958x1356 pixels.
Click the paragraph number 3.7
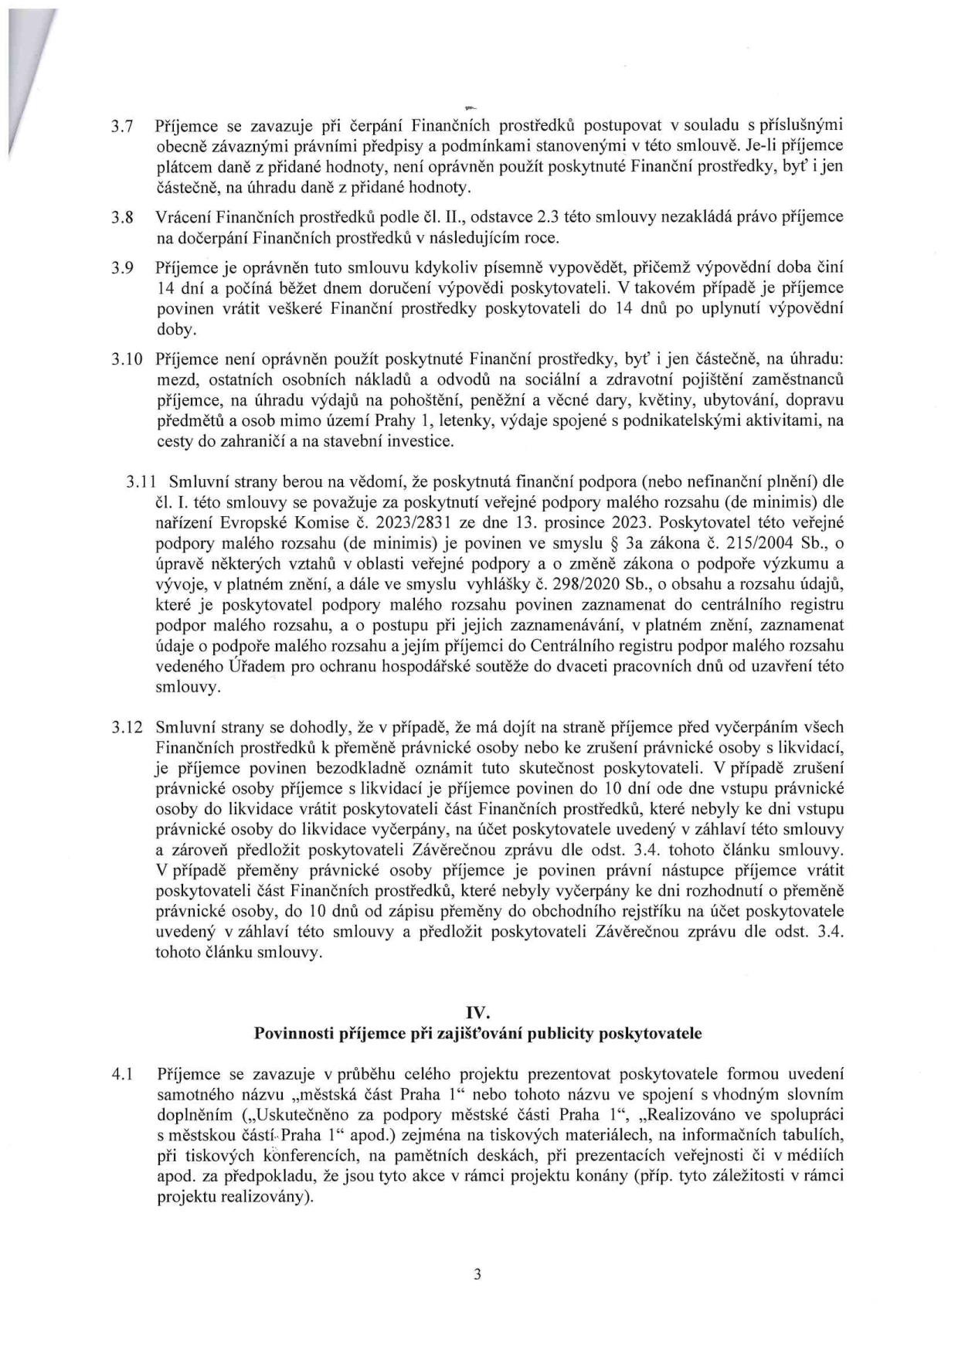tap(123, 126)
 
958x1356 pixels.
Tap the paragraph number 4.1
tap(123, 1074)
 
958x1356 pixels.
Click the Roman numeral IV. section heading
tap(478, 1012)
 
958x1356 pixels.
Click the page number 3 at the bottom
tap(478, 1275)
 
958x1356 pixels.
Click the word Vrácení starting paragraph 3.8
tap(184, 218)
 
